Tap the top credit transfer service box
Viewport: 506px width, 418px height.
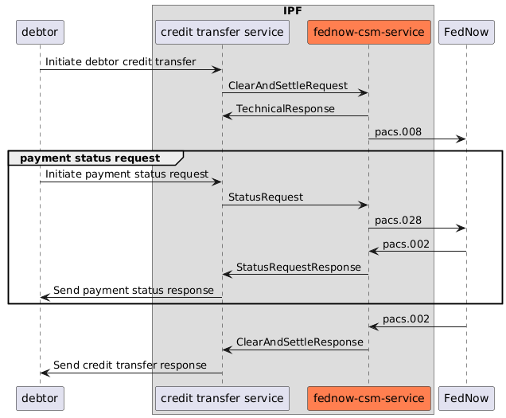point(222,32)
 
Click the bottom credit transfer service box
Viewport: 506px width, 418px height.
point(222,397)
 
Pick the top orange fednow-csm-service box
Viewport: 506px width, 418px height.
point(368,32)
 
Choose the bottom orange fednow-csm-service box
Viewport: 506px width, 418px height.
point(368,397)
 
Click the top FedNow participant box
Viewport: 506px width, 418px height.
point(466,32)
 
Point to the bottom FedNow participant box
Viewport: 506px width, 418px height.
point(466,397)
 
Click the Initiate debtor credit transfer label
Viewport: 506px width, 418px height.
point(120,61)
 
